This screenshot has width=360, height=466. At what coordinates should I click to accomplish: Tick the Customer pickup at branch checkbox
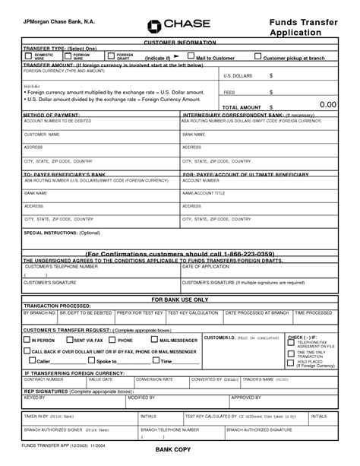258,56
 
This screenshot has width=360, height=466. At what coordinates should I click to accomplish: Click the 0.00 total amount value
328,104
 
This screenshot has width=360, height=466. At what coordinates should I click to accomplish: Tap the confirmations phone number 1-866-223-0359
242,252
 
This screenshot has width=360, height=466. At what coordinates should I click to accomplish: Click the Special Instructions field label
52,232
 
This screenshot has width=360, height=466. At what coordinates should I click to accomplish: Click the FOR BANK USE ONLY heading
180,300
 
